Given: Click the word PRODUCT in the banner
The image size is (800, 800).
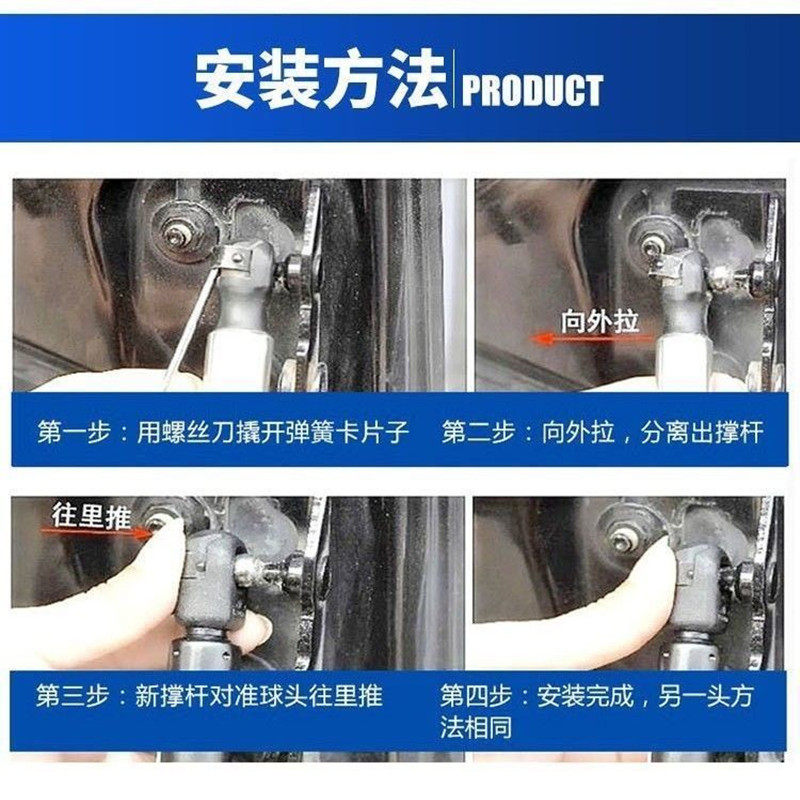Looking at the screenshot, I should pos(532,90).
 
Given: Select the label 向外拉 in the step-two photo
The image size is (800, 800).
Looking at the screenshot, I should pos(599,320).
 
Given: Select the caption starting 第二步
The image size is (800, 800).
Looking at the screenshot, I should pos(602,431).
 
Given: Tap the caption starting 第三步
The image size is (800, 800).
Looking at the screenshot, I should pos(210,695).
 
